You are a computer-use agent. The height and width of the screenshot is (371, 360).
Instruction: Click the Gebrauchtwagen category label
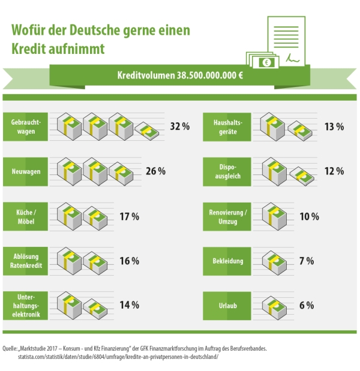click(x=25, y=126)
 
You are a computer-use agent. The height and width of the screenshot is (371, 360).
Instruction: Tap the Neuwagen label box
click(x=25, y=171)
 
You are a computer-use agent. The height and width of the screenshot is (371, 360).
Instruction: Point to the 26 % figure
click(x=155, y=171)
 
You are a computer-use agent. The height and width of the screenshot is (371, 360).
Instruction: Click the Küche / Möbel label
click(x=25, y=216)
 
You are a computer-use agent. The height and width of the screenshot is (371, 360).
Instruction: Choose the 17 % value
click(x=129, y=216)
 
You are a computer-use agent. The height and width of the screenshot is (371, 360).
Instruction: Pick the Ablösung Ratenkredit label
click(x=25, y=261)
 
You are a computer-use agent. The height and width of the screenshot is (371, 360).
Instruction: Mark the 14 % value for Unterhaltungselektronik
click(x=129, y=305)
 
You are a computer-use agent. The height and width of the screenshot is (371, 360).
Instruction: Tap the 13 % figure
click(x=334, y=126)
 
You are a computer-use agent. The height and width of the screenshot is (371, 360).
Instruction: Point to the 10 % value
click(x=309, y=216)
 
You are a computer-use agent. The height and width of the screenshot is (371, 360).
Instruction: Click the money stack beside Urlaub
click(x=275, y=305)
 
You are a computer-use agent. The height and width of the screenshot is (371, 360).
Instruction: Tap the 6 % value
click(x=306, y=305)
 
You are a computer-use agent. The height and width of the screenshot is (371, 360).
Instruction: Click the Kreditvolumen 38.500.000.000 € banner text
click(x=180, y=76)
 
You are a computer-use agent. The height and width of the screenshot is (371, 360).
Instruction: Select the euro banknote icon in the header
click(x=265, y=61)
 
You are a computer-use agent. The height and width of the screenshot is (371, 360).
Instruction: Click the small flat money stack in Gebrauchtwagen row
click(x=147, y=130)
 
